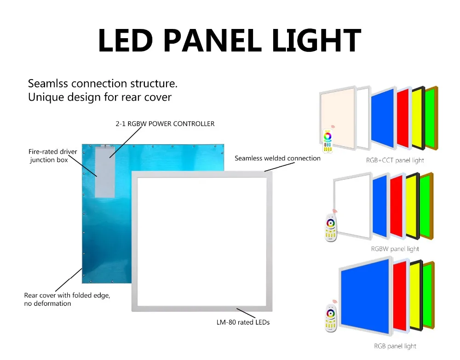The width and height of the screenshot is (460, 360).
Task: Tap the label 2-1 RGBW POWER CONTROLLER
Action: coord(165,124)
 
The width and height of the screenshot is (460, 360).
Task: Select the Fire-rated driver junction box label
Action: coord(53,156)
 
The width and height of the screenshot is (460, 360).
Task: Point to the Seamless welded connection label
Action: coord(277,158)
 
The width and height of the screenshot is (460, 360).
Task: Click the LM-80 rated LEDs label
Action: coord(243,322)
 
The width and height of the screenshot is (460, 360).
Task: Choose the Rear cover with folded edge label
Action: coord(67,299)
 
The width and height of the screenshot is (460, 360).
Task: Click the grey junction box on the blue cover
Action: coord(105,173)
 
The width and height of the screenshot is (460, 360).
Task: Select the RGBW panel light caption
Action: coord(395,249)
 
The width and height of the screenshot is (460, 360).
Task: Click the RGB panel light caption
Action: coord(395,346)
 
